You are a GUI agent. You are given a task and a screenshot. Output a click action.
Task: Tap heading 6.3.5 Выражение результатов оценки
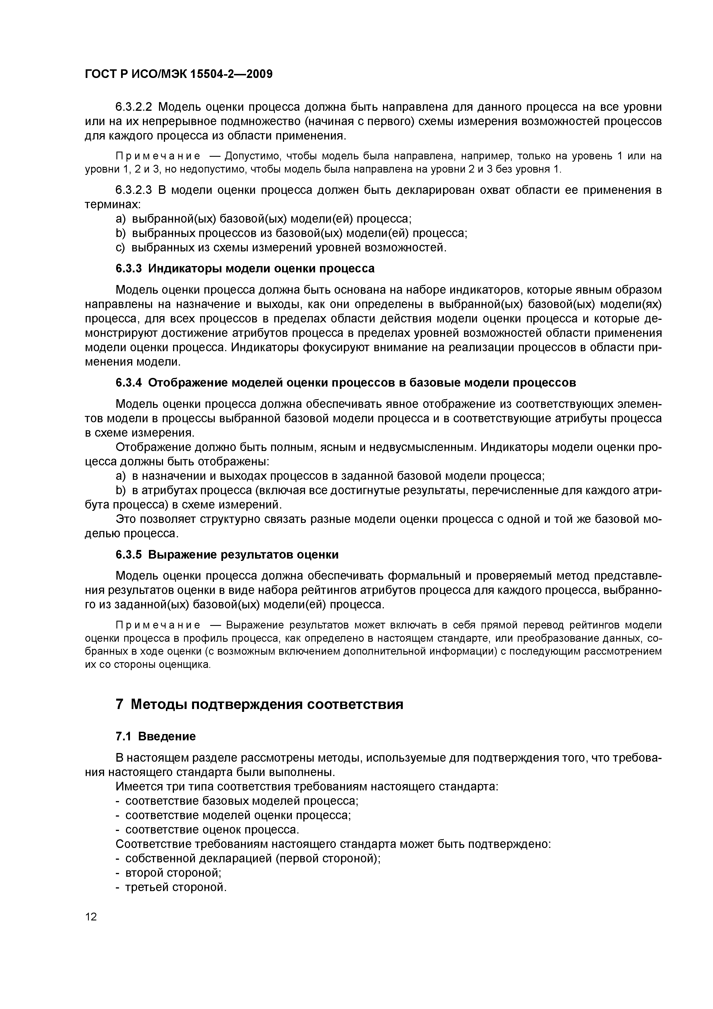tap(227, 555)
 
